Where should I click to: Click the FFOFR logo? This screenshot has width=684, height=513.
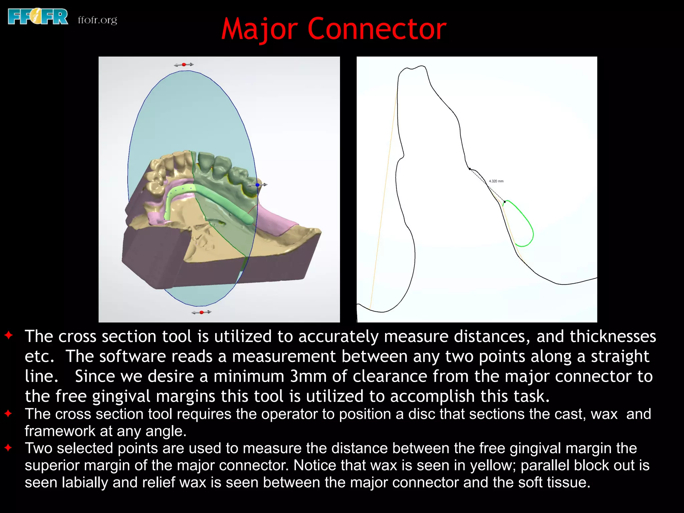click(38, 17)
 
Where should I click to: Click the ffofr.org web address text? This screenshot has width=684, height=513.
click(97, 20)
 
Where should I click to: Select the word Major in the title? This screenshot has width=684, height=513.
click(259, 29)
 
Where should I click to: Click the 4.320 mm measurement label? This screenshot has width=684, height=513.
click(496, 181)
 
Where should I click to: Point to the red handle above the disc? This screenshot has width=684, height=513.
click(184, 64)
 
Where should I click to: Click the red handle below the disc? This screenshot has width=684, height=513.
click(201, 312)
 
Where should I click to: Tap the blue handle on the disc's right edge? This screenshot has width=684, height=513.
click(258, 185)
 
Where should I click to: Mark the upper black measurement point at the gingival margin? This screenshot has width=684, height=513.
click(470, 169)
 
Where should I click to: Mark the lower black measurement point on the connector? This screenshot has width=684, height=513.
click(505, 202)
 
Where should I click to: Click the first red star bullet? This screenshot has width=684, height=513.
click(9, 335)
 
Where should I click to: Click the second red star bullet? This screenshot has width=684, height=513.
click(9, 413)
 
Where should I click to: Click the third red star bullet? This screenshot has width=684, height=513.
click(9, 448)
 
